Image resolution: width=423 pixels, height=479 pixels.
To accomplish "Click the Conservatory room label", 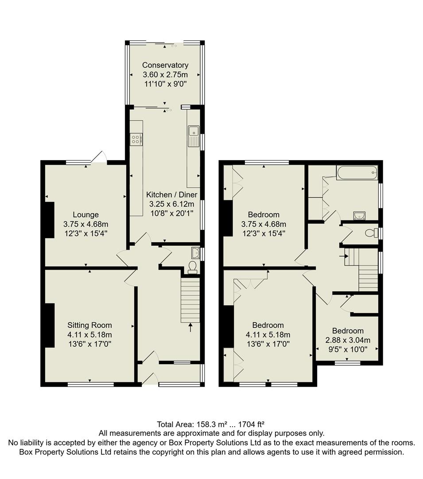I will click(x=165, y=65).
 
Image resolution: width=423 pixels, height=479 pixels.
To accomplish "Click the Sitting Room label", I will click(x=89, y=325).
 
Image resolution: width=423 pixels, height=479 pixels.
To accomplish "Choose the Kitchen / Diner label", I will click(x=172, y=195).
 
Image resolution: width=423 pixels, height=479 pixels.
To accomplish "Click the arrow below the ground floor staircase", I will click(x=191, y=328).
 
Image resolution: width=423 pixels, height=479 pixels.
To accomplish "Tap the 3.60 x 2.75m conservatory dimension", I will click(x=165, y=75).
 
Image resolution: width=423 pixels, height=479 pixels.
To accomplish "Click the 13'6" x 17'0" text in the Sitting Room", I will click(x=89, y=344).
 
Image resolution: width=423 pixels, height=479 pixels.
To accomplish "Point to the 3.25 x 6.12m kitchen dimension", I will click(x=172, y=204).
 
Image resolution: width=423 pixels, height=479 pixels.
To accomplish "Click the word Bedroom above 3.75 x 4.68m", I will click(x=264, y=215).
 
